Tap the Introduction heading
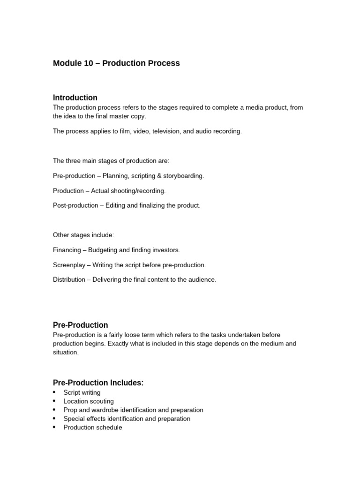click(x=75, y=97)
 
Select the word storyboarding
click(x=182, y=176)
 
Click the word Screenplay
click(x=69, y=265)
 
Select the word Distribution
click(x=69, y=280)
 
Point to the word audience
click(x=201, y=280)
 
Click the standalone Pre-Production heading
click(x=80, y=325)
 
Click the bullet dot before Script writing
click(x=54, y=392)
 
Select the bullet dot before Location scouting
click(x=54, y=401)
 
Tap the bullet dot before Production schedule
click(x=54, y=427)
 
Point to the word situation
click(x=66, y=352)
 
